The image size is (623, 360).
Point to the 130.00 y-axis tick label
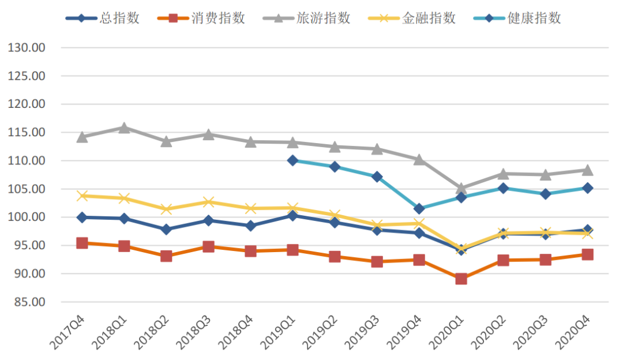coord(27,48)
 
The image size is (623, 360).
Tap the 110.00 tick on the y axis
coord(27,161)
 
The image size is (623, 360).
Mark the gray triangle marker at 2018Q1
coord(124,127)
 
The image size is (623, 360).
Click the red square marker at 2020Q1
coord(461,279)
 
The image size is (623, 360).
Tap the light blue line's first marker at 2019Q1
coord(292,160)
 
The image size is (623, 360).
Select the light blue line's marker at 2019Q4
coord(419,208)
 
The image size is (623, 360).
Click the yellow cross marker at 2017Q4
coord(82,196)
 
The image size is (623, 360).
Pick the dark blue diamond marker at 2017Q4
coord(82,217)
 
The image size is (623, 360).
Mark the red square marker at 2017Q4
coord(82,243)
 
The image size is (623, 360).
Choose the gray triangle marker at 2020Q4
coord(587,170)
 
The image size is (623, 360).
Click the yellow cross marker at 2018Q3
coord(208,202)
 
